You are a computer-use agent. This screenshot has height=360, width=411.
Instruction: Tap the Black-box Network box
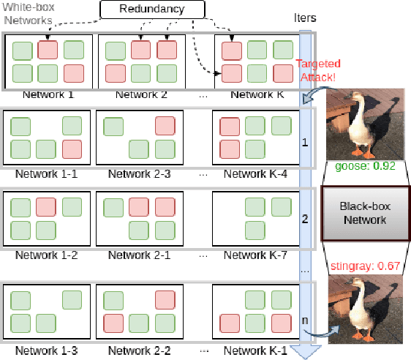click(x=366, y=214)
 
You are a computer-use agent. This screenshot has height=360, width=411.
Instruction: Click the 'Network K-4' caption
click(x=254, y=174)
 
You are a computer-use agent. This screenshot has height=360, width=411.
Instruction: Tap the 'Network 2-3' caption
click(x=139, y=174)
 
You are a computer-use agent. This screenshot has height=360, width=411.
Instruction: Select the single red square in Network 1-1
click(x=72, y=149)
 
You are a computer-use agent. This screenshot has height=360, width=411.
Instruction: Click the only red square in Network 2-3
click(x=165, y=126)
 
